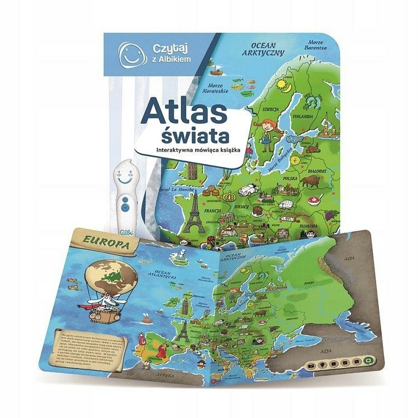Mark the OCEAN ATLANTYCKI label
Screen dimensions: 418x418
(157, 273)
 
